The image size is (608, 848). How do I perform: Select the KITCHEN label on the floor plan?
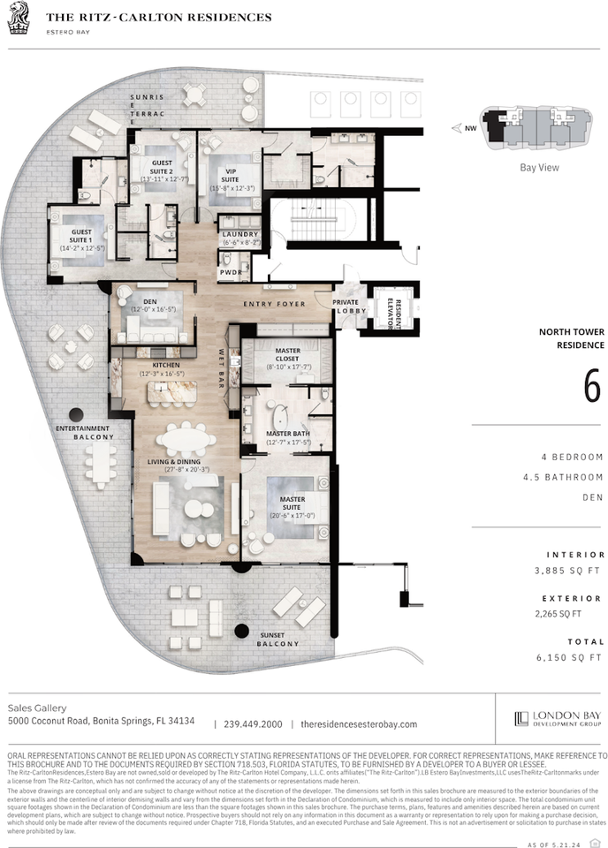coord(165,365)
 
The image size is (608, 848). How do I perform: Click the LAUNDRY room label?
coord(240,234)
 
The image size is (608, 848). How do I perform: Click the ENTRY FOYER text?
coord(275,304)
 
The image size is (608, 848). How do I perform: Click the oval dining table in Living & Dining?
coord(186,439)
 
